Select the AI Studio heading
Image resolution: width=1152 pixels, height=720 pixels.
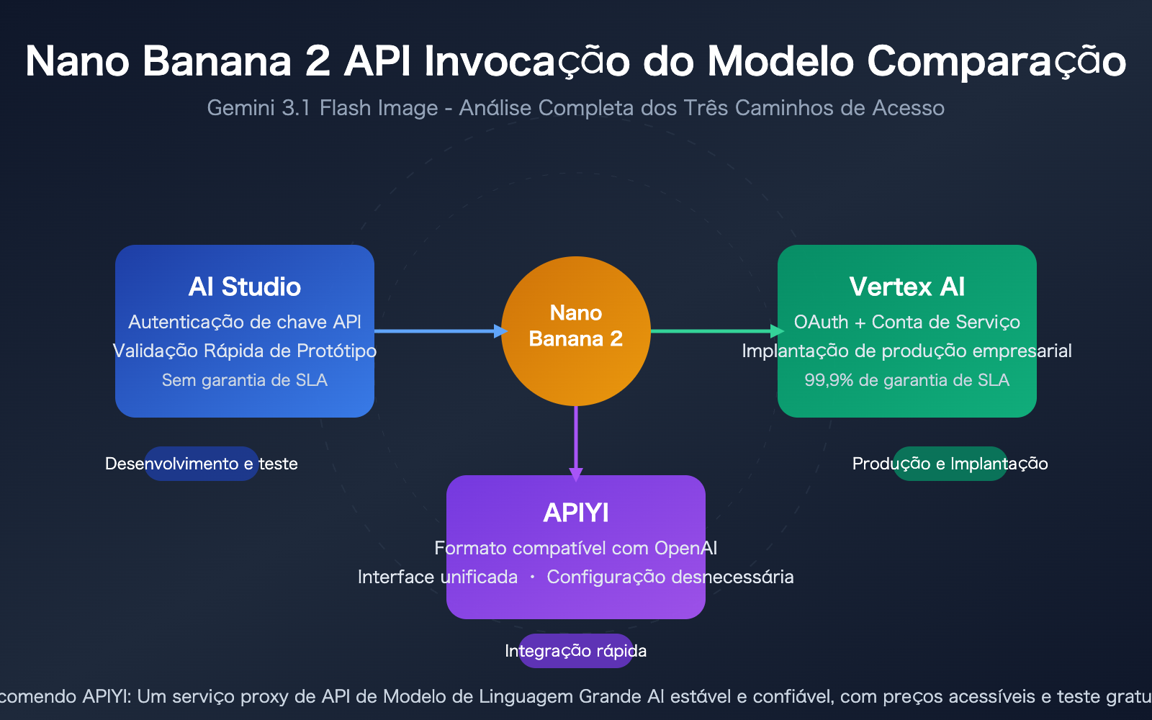tap(245, 287)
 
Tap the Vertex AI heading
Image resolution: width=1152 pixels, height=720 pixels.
tap(906, 287)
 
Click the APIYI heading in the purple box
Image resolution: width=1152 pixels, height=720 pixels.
tap(576, 513)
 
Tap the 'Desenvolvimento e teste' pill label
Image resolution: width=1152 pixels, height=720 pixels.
tap(202, 464)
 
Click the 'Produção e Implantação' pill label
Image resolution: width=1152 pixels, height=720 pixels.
tap(950, 464)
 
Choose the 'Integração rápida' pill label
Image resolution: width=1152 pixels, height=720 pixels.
tap(576, 651)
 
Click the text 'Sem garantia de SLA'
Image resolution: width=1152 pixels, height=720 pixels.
tap(245, 380)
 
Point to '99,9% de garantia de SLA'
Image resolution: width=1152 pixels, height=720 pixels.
tap(906, 380)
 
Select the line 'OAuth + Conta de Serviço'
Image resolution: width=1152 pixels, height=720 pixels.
tap(906, 322)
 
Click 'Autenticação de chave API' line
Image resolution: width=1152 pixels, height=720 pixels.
tap(245, 322)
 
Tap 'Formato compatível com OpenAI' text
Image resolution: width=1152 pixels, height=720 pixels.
tap(576, 548)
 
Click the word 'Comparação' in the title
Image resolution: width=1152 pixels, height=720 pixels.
tap(996, 62)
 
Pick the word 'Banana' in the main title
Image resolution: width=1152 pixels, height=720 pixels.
tap(216, 61)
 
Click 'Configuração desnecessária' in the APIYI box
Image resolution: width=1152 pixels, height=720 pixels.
tap(670, 577)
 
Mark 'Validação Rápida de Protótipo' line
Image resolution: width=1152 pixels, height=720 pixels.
tap(245, 351)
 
